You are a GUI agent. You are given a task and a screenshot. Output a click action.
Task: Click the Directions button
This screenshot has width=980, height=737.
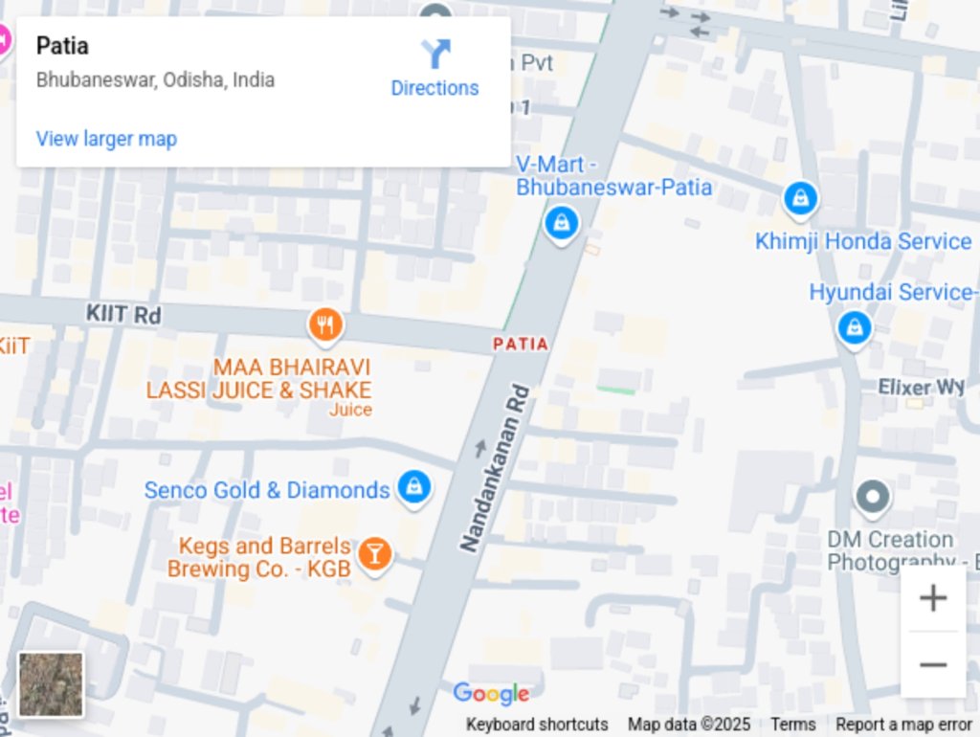[434, 68]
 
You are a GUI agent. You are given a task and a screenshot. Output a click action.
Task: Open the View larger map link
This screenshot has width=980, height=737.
[106, 139]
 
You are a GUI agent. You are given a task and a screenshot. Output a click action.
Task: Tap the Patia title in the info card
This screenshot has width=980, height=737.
[62, 45]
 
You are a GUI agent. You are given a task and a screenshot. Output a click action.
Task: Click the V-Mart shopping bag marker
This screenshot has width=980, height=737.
[560, 224]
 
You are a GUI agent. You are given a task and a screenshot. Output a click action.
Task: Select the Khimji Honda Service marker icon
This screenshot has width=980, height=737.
[800, 199]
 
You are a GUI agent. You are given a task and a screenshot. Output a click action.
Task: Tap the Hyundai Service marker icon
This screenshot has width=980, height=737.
[854, 327]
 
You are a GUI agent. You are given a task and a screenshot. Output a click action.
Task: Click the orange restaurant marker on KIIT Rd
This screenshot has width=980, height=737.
[325, 325]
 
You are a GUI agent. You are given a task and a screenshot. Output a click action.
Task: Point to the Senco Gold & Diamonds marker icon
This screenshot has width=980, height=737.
[413, 487]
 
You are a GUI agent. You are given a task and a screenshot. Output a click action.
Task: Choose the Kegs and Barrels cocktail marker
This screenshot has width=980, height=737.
[374, 554]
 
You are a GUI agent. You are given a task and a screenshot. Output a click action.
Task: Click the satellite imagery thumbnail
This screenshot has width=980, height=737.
[51, 684]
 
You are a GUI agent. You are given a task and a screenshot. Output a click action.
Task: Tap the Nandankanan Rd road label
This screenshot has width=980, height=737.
[495, 468]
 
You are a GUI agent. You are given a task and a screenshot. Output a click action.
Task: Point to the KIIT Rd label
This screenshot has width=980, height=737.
[123, 314]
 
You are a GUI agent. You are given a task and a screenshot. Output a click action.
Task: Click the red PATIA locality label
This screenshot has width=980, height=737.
[521, 344]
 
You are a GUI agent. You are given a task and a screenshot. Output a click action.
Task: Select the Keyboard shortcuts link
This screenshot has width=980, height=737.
[537, 725]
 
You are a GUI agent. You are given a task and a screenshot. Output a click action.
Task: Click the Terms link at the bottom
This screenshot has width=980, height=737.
[792, 725]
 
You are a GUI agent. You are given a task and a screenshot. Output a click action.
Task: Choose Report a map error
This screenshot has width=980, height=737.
[903, 725]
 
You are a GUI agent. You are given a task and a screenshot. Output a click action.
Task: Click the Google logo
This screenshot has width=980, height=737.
[491, 694]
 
